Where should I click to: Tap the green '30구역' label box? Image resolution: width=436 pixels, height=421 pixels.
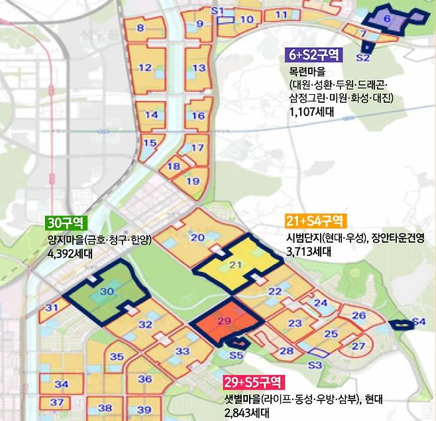[x=64, y=221]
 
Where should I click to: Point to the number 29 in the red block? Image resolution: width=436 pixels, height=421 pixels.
[x=223, y=322]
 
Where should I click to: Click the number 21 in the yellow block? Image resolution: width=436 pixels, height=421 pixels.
[x=233, y=265]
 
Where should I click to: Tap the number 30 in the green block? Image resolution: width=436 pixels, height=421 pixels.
[x=106, y=291]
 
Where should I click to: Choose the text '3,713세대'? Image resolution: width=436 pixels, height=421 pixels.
[x=308, y=251]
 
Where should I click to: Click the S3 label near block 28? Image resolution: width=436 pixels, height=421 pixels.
[x=315, y=365]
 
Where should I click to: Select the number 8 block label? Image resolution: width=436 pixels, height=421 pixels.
[x=140, y=28]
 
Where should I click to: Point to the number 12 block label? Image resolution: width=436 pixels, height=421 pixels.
[x=145, y=67]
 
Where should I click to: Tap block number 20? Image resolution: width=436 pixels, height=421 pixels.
[x=197, y=237]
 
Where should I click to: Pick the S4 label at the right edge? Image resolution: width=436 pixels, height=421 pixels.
[x=418, y=322]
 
